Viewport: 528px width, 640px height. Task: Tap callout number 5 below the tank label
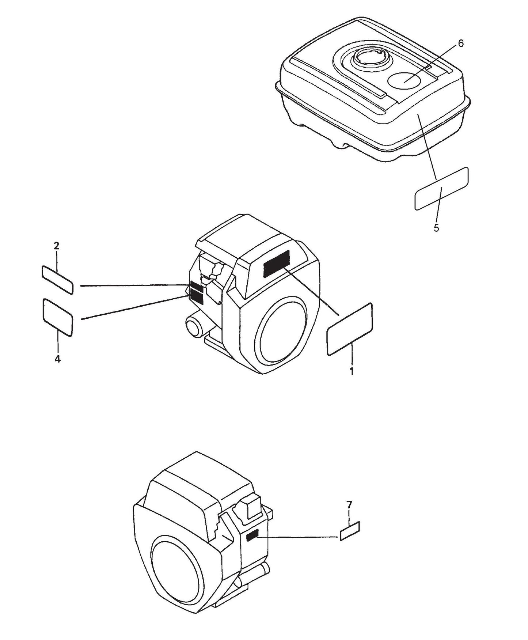(x=436, y=228)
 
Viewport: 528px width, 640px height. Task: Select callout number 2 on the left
(x=56, y=246)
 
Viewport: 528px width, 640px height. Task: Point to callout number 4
(x=57, y=359)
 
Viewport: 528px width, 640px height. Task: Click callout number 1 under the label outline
(x=352, y=372)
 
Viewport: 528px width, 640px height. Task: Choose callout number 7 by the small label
(x=349, y=505)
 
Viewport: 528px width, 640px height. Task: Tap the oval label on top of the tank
(x=403, y=79)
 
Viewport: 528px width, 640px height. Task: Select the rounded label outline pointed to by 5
(x=441, y=189)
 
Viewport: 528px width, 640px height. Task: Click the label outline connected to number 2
(x=58, y=280)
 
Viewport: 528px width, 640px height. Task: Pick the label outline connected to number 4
(x=58, y=317)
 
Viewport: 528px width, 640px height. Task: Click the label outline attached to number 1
(x=349, y=329)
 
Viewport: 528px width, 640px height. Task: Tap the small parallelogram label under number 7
(x=350, y=531)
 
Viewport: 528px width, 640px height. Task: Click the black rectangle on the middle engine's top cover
(x=277, y=264)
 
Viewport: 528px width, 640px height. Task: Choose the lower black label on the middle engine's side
(x=197, y=296)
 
